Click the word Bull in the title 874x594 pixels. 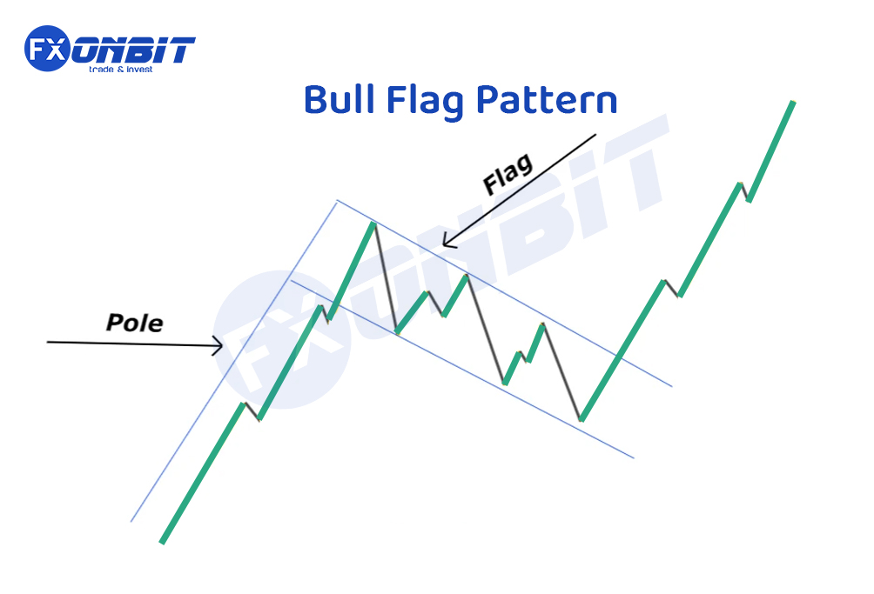[x=339, y=100]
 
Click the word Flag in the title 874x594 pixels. [x=425, y=102]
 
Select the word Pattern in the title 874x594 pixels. [x=547, y=100]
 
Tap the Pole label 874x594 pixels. [x=134, y=323]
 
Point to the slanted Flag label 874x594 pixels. [x=508, y=173]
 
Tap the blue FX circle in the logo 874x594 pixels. [x=47, y=49]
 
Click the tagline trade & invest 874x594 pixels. [x=120, y=70]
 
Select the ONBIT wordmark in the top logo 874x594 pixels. [x=134, y=50]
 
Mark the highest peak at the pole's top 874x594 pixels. [x=373, y=224]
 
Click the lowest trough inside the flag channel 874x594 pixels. [x=581, y=420]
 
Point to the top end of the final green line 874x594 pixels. [x=793, y=103]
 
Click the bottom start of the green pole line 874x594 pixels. [x=162, y=542]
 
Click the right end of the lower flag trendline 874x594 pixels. [x=634, y=458]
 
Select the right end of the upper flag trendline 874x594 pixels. [x=672, y=386]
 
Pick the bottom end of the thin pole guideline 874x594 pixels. [x=131, y=522]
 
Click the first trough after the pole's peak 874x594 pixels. [x=397, y=332]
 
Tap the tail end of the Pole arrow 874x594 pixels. [x=47, y=342]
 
